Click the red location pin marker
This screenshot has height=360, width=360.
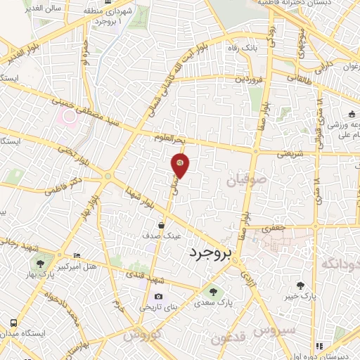click(180, 165)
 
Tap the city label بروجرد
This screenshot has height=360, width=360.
click(210, 255)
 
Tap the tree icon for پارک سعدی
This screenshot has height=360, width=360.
click(210, 290)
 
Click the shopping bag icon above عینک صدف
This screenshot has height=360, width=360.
click(162, 226)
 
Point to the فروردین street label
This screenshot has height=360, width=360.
click(232, 79)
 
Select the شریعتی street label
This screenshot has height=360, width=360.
click(290, 153)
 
